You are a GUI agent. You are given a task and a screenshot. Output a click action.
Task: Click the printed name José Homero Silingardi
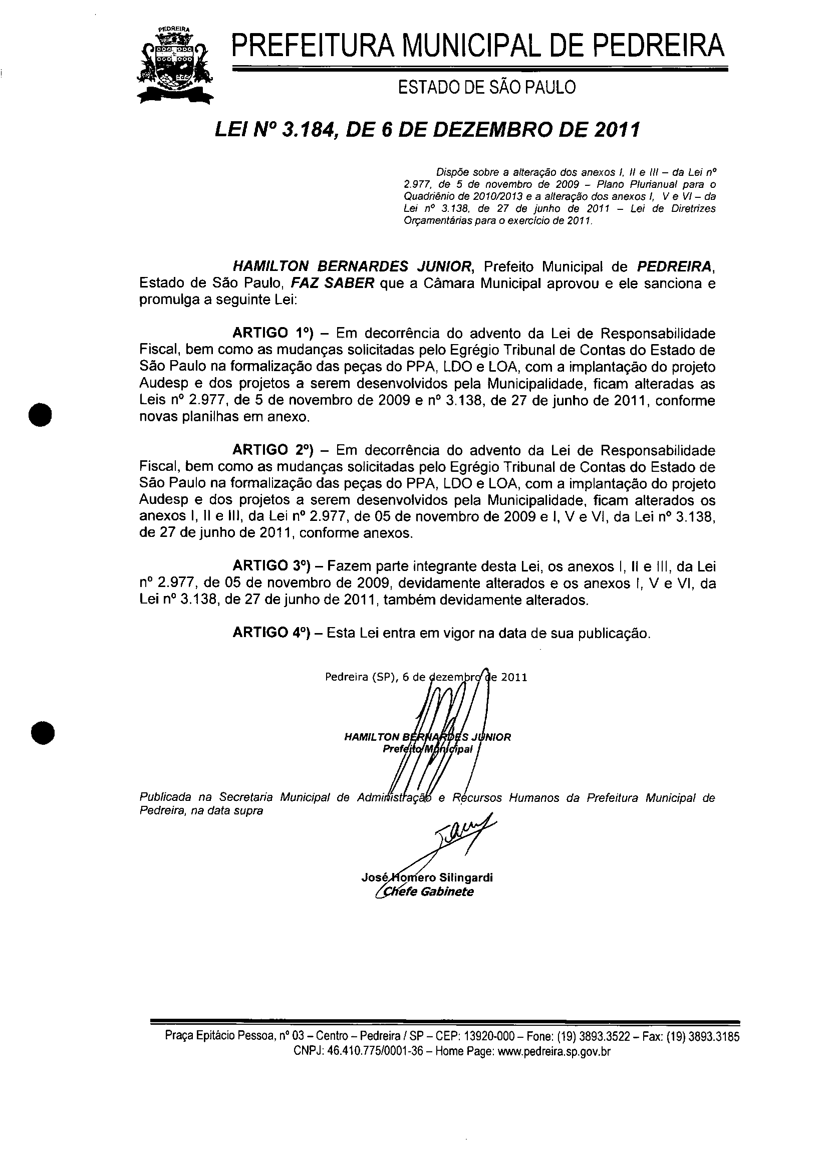coord(427,878)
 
